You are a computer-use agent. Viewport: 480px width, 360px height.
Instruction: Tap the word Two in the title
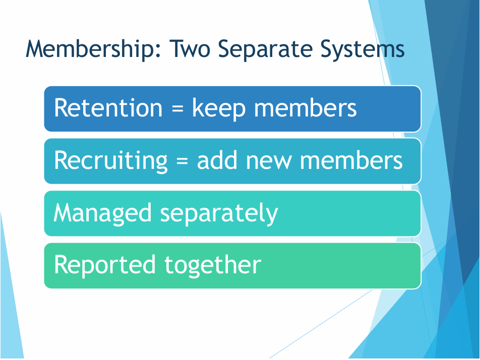pyautogui.click(x=190, y=48)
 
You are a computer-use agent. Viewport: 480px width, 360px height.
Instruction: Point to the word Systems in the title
pyautogui.click(x=363, y=49)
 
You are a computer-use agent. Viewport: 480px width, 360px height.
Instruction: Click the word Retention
pyautogui.click(x=108, y=108)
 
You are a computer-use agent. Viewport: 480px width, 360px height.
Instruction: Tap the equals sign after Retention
pyautogui.click(x=177, y=108)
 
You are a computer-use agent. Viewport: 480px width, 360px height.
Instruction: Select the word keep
pyautogui.click(x=219, y=108)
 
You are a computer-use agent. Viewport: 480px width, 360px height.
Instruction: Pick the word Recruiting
pyautogui.click(x=111, y=161)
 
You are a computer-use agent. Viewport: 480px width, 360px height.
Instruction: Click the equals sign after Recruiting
pyautogui.click(x=182, y=161)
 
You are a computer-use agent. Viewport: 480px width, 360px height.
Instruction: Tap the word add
pyautogui.click(x=217, y=160)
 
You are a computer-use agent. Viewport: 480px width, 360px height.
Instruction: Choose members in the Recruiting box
pyautogui.click(x=351, y=160)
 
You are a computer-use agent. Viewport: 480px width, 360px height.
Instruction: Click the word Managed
pyautogui.click(x=102, y=213)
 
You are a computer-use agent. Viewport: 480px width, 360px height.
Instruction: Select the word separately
pyautogui.click(x=219, y=213)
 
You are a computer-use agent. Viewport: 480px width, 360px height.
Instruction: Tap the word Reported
pyautogui.click(x=105, y=266)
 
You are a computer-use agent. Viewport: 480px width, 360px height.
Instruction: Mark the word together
pyautogui.click(x=213, y=265)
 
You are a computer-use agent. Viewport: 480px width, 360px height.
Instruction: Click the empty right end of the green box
pyautogui.click(x=343, y=266)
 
